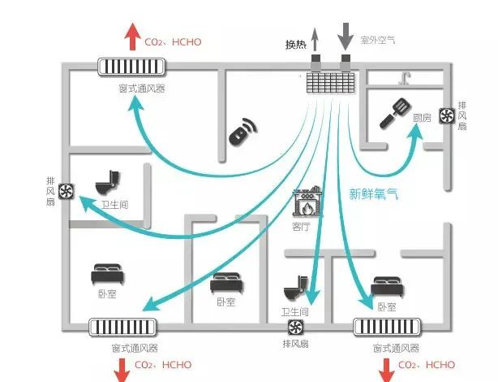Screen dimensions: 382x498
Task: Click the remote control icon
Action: point(241,133)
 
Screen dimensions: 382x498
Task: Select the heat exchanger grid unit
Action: point(331,81)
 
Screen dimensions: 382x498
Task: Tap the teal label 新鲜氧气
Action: point(374,194)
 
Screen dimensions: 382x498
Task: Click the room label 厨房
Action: point(421,118)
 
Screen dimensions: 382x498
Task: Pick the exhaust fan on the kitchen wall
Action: point(445,116)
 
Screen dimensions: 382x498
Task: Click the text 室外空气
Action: point(377,39)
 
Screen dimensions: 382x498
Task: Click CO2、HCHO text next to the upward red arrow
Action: point(172,41)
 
